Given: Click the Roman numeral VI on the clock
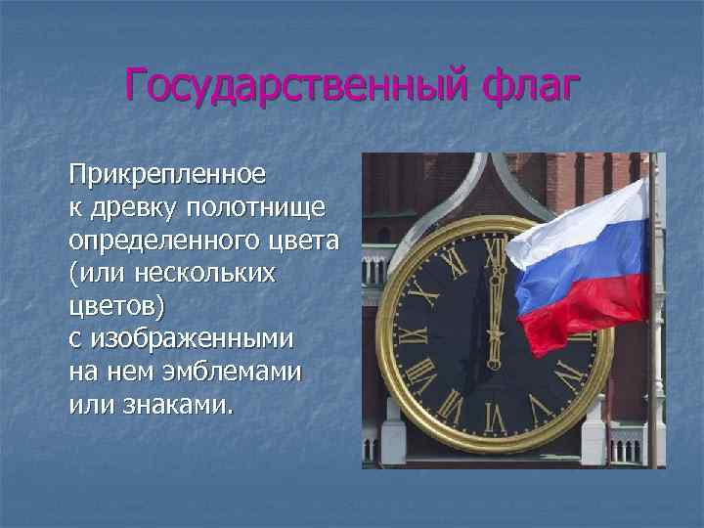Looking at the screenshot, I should point(495,419).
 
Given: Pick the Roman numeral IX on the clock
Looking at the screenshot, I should point(412,335).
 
